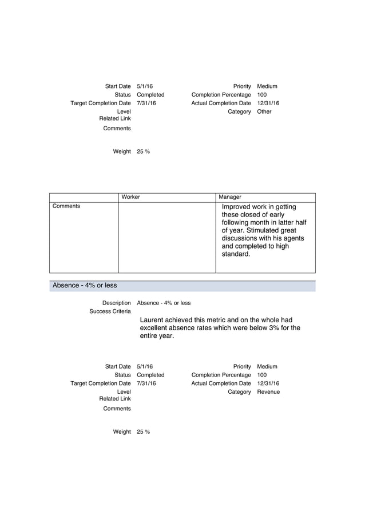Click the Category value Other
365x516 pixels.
click(x=264, y=112)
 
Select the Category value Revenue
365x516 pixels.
click(x=268, y=392)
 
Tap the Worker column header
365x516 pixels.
click(x=130, y=197)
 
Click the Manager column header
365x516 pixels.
click(x=230, y=197)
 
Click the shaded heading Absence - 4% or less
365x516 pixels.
click(x=85, y=286)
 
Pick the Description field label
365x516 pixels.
click(x=116, y=303)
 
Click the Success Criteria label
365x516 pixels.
click(x=110, y=311)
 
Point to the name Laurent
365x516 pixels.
click(x=153, y=320)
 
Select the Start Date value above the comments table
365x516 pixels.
click(x=145, y=86)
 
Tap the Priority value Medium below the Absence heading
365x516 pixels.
click(x=267, y=366)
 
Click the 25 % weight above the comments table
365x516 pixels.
click(x=143, y=151)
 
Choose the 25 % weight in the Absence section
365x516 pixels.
click(x=143, y=432)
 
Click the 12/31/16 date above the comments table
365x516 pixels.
click(x=268, y=103)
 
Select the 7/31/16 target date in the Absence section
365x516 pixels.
click(x=146, y=383)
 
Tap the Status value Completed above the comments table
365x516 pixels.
click(x=150, y=95)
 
